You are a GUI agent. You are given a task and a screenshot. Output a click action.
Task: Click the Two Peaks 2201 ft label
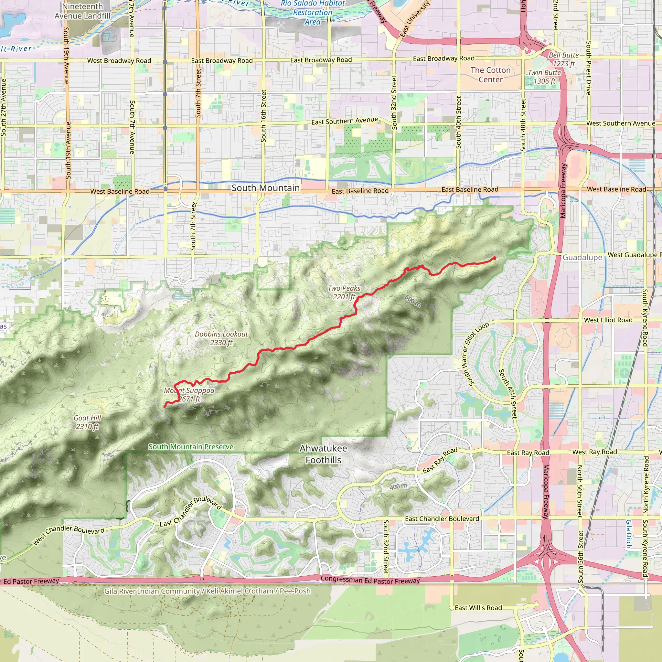pos(344,293)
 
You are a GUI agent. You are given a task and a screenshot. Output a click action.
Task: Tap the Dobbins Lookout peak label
pos(221,338)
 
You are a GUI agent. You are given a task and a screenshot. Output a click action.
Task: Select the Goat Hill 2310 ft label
pos(87,422)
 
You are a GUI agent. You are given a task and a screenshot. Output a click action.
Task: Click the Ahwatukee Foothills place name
pos(324,454)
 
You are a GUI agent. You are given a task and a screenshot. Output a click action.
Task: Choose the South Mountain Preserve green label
pos(191,447)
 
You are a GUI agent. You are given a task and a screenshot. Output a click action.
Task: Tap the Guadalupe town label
pos(582,257)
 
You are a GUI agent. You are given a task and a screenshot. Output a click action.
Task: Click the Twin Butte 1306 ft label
pos(544,77)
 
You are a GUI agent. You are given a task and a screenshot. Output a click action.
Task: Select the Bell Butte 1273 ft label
pos(564,59)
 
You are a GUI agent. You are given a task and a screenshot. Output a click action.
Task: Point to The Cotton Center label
pos(490,75)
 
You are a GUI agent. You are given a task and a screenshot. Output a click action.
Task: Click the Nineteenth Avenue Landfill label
pos(82,11)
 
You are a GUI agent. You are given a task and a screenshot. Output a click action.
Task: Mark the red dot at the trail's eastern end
pos(495,258)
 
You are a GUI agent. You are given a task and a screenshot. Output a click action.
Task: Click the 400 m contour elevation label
pos(398,486)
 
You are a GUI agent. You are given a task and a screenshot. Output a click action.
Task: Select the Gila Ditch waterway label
pos(629,534)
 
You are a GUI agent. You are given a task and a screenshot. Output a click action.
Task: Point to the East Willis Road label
pos(478,607)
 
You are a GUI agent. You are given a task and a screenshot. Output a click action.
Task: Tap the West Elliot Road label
pos(608,320)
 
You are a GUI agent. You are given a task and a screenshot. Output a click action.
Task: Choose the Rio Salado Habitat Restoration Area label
pos(313,13)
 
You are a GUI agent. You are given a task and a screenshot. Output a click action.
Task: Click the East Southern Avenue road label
pos(344,121)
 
